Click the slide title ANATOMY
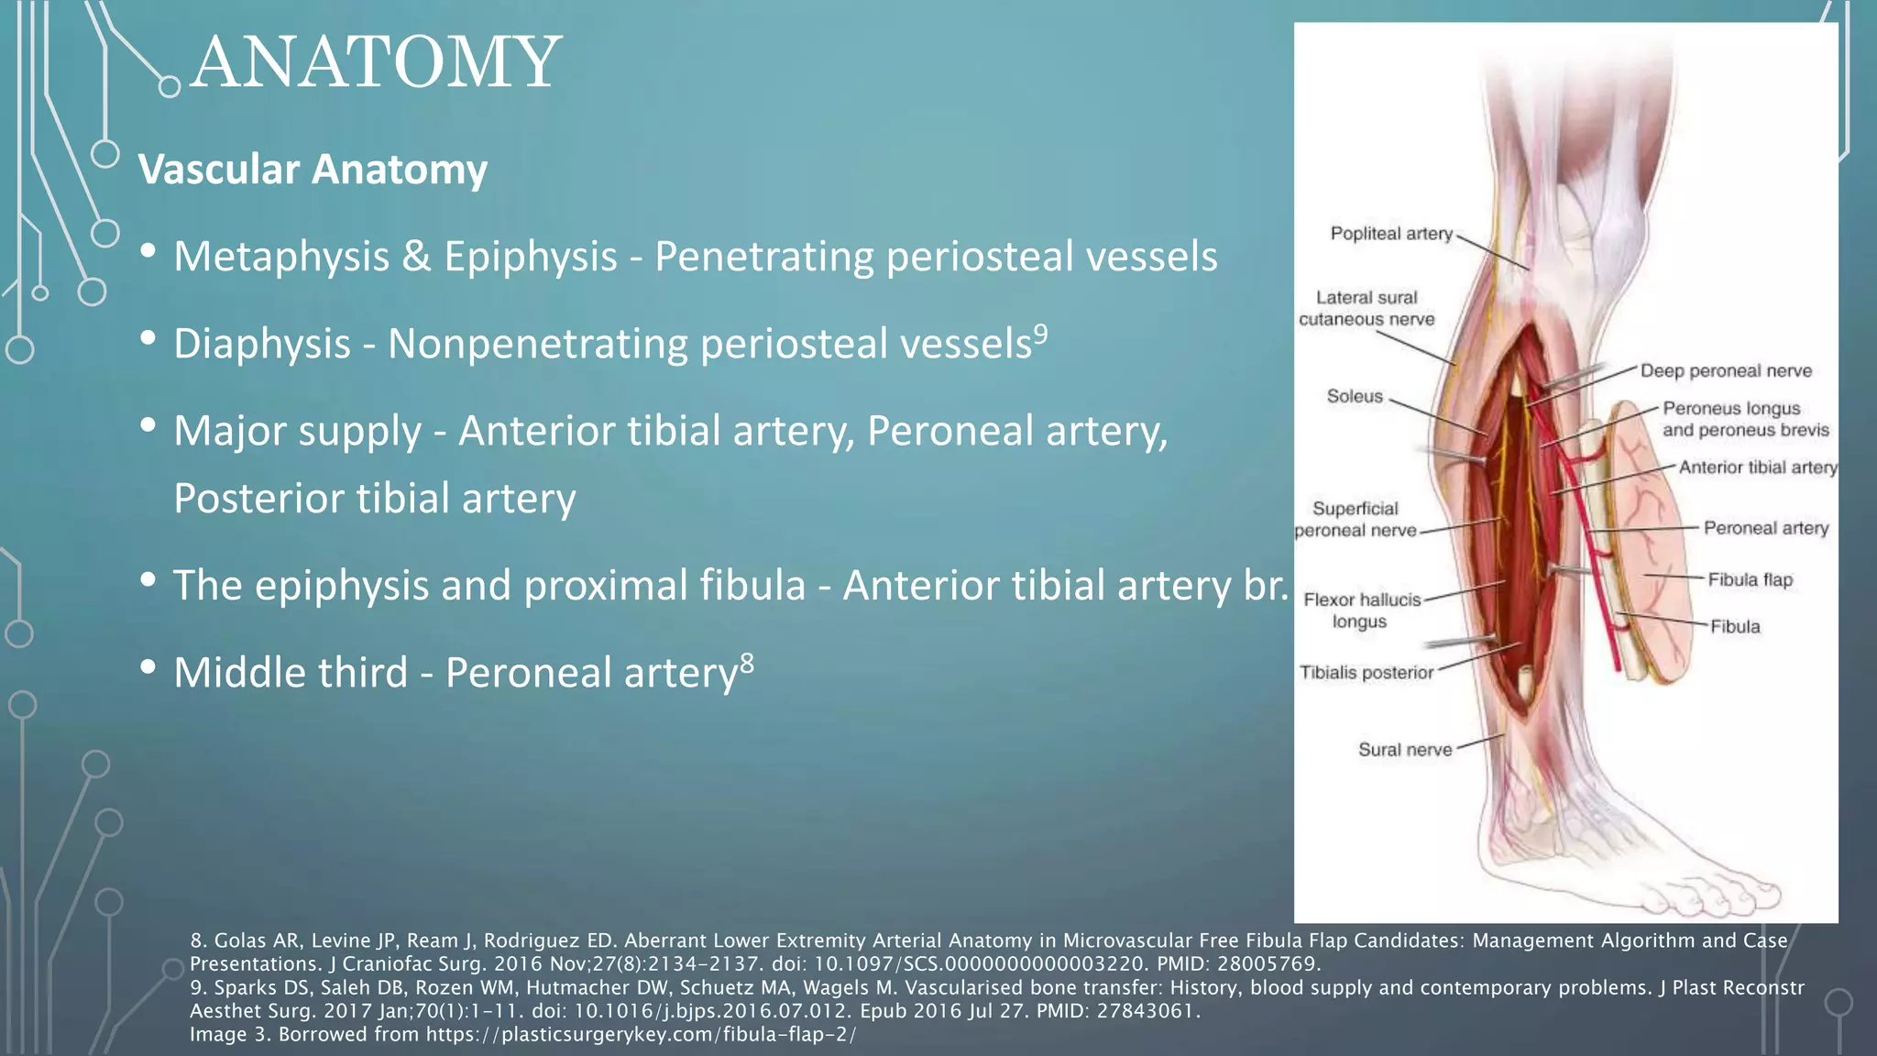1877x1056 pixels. click(376, 62)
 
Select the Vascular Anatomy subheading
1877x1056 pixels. click(313, 170)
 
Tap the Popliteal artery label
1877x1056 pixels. click(1391, 234)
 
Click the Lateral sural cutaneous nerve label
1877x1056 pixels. click(1367, 309)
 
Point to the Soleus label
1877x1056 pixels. click(1355, 396)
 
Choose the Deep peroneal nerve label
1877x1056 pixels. click(1726, 371)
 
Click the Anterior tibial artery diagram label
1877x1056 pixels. click(1758, 467)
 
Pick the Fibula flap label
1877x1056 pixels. click(1750, 579)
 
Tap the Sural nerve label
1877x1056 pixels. click(1405, 750)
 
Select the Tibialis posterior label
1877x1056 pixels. click(1366, 673)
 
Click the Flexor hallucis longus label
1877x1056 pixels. click(1361, 610)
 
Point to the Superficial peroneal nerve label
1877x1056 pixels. click(1356, 520)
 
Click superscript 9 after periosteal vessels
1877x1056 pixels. click(1041, 333)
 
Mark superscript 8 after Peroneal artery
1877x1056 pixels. click(747, 662)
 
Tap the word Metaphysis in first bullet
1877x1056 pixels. click(281, 257)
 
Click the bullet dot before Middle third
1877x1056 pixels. click(148, 667)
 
